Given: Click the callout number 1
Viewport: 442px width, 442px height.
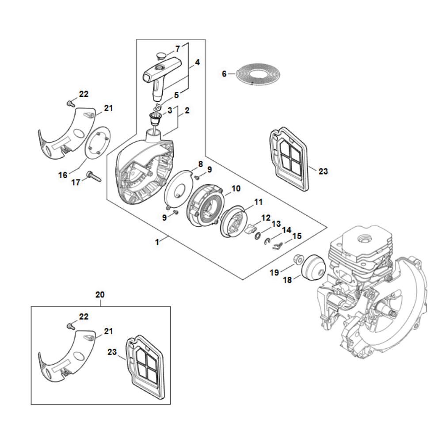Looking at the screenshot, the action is pyautogui.click(x=157, y=242).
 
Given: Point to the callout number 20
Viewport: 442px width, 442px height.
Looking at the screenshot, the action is pyautogui.click(x=100, y=294).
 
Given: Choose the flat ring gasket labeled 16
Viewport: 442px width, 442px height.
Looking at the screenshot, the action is pyautogui.click(x=98, y=143).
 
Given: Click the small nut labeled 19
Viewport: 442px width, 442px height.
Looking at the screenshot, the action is pyautogui.click(x=297, y=259).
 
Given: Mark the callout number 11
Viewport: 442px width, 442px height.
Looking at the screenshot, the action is pyautogui.click(x=259, y=202).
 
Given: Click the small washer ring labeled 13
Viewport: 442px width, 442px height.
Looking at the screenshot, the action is pyautogui.click(x=258, y=236).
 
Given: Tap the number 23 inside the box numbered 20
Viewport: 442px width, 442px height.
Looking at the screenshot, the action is pyautogui.click(x=112, y=352).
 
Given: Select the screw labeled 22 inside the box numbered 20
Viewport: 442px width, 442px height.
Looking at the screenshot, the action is pyautogui.click(x=71, y=327).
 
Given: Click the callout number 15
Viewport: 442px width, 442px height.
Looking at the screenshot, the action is pyautogui.click(x=297, y=236).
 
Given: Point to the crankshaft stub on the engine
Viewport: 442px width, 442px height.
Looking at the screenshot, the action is pyautogui.click(x=389, y=310).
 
